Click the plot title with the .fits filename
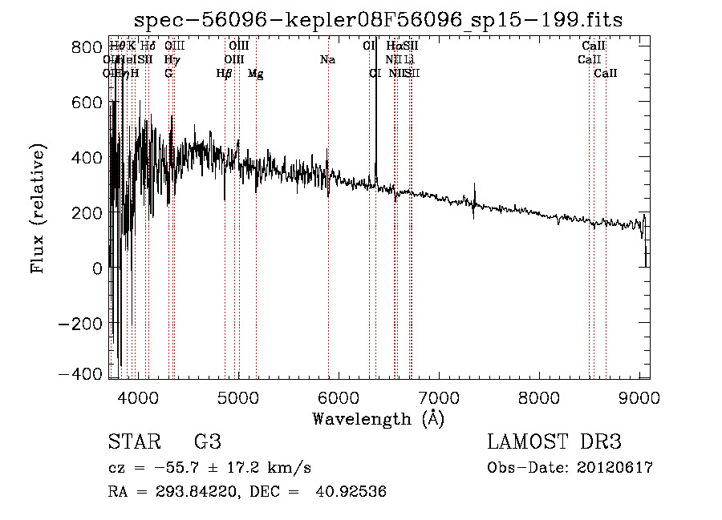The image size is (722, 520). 379,20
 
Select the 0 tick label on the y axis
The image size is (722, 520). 97,269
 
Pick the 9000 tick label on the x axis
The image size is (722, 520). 639,397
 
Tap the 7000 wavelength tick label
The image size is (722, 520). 439,397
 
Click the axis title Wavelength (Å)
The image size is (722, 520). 378,418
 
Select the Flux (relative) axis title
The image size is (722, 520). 38,208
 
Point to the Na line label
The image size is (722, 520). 327,60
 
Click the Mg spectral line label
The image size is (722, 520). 255,75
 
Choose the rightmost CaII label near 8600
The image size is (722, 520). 606,74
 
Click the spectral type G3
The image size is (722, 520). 207,442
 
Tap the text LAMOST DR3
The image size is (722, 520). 554,442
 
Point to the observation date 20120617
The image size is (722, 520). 615,468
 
